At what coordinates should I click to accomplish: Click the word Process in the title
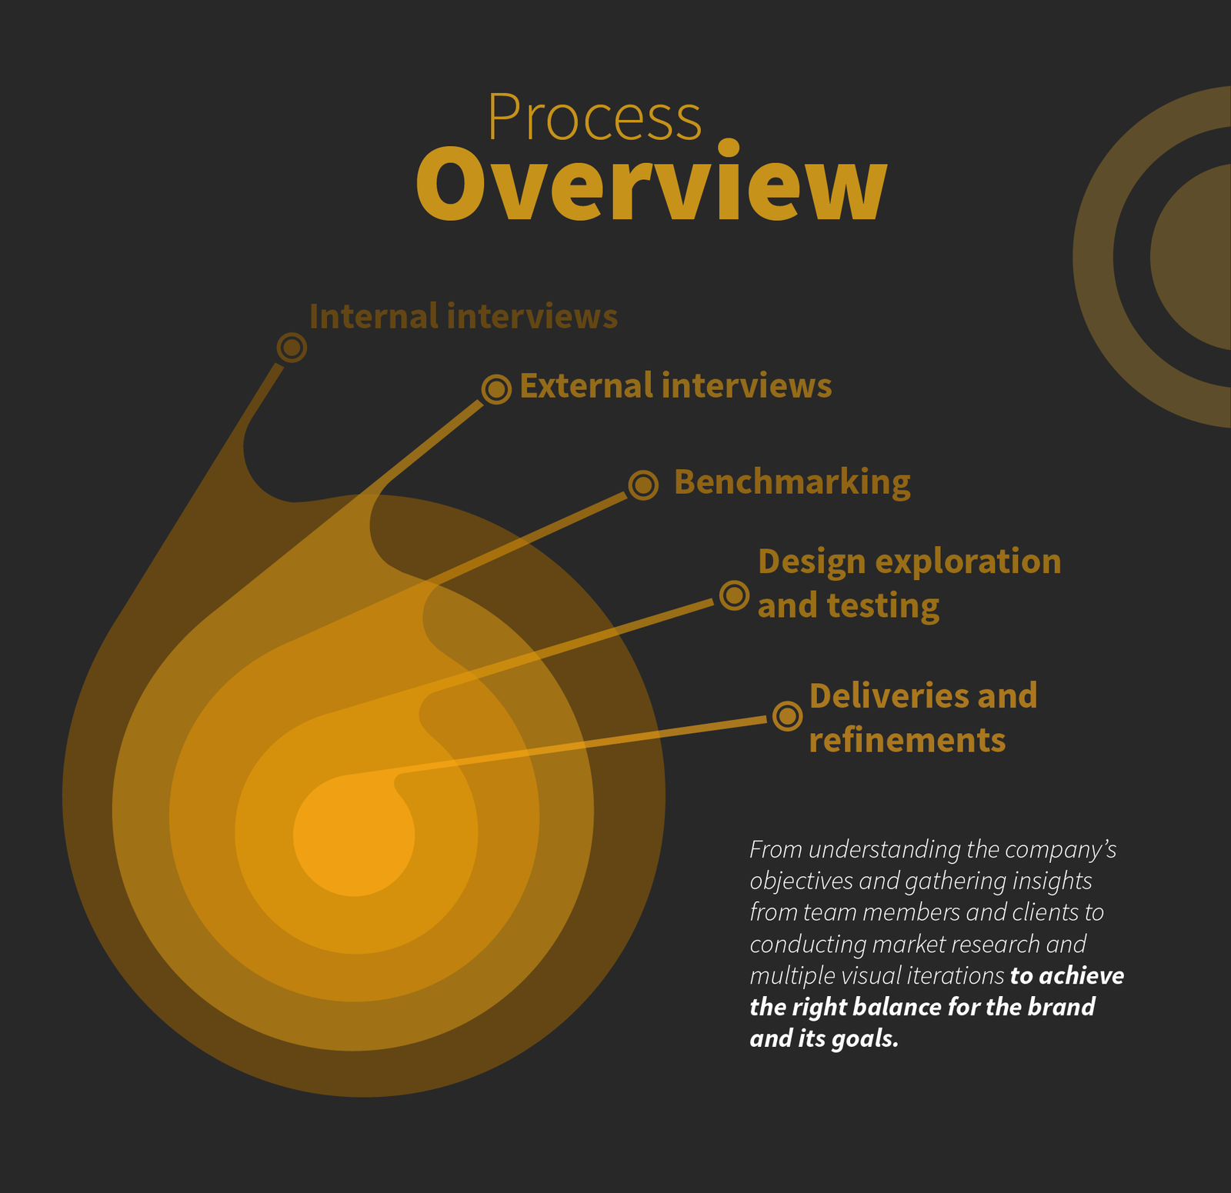coord(595,118)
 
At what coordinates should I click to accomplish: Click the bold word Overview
coord(652,184)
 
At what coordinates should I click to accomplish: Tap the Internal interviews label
coord(463,316)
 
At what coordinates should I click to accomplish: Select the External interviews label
coord(676,385)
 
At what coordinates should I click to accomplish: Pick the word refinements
coord(907,740)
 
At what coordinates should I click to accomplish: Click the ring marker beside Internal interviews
coord(292,348)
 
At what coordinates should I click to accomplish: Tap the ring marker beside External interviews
coord(496,389)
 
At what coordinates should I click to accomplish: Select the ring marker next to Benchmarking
coord(643,485)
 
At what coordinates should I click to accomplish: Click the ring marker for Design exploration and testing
coord(734,595)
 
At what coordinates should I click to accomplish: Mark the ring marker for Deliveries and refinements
coord(787,716)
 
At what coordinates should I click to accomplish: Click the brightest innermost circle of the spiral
coord(354,835)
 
